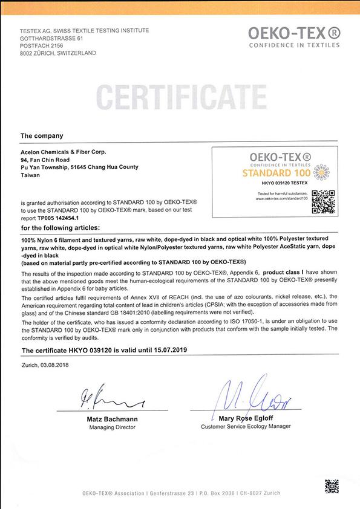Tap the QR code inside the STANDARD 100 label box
pyautogui.click(x=323, y=202)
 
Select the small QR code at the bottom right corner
pyautogui.click(x=332, y=486)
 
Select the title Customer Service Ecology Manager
pyautogui.click(x=246, y=426)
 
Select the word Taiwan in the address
pyautogui.click(x=30, y=175)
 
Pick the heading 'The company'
pyautogui.click(x=42, y=136)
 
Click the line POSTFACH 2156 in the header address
pyautogui.click(x=42, y=45)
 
